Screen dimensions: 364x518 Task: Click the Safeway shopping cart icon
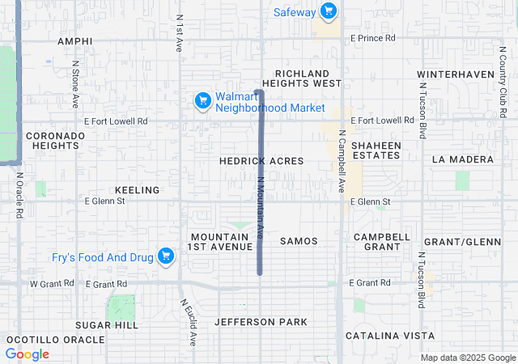[328, 11]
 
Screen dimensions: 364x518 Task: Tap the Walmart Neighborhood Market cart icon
[203, 101]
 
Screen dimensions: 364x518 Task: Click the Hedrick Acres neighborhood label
[261, 161]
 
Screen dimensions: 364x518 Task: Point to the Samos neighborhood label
[299, 241]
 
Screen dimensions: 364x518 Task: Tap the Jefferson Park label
[261, 322]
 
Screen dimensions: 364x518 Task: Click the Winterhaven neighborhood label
[455, 74]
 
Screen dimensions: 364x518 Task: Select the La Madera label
[462, 159]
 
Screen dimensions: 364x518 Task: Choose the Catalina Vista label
[390, 335]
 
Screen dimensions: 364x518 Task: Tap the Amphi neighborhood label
[75, 40]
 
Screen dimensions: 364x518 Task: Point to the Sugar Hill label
[107, 324]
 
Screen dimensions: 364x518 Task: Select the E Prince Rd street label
[372, 38]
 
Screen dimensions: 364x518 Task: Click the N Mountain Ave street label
[260, 208]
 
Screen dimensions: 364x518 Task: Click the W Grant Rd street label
[52, 284]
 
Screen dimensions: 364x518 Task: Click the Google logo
[27, 354]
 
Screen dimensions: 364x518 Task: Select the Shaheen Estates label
[376, 150]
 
